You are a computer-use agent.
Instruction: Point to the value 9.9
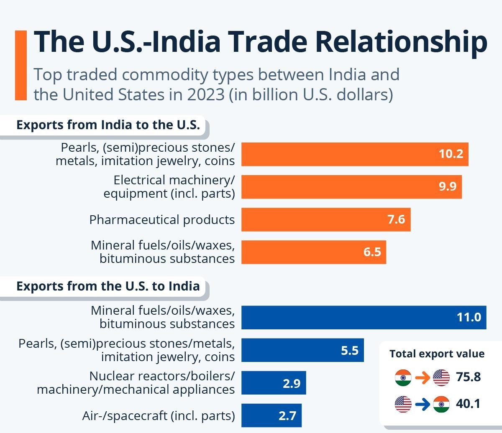(x=447, y=186)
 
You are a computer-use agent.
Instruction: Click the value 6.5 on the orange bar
(x=372, y=252)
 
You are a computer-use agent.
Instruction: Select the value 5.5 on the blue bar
(x=349, y=350)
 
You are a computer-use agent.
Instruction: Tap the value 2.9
(x=291, y=383)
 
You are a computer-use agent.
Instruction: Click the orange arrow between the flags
(x=423, y=378)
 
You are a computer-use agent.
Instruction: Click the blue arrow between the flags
(x=423, y=404)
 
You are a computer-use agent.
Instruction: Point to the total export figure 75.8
(x=469, y=377)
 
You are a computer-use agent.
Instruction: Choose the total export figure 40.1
(x=469, y=404)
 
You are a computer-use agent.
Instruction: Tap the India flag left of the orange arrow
(x=403, y=378)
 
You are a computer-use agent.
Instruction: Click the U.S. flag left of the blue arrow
(x=403, y=404)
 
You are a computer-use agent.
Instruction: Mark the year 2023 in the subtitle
(x=206, y=94)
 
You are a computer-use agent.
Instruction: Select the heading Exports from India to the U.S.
(x=108, y=125)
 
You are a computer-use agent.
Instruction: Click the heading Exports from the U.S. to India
(x=108, y=286)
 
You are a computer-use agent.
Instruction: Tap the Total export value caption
(x=437, y=354)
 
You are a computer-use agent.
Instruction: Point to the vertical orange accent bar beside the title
(x=20, y=65)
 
